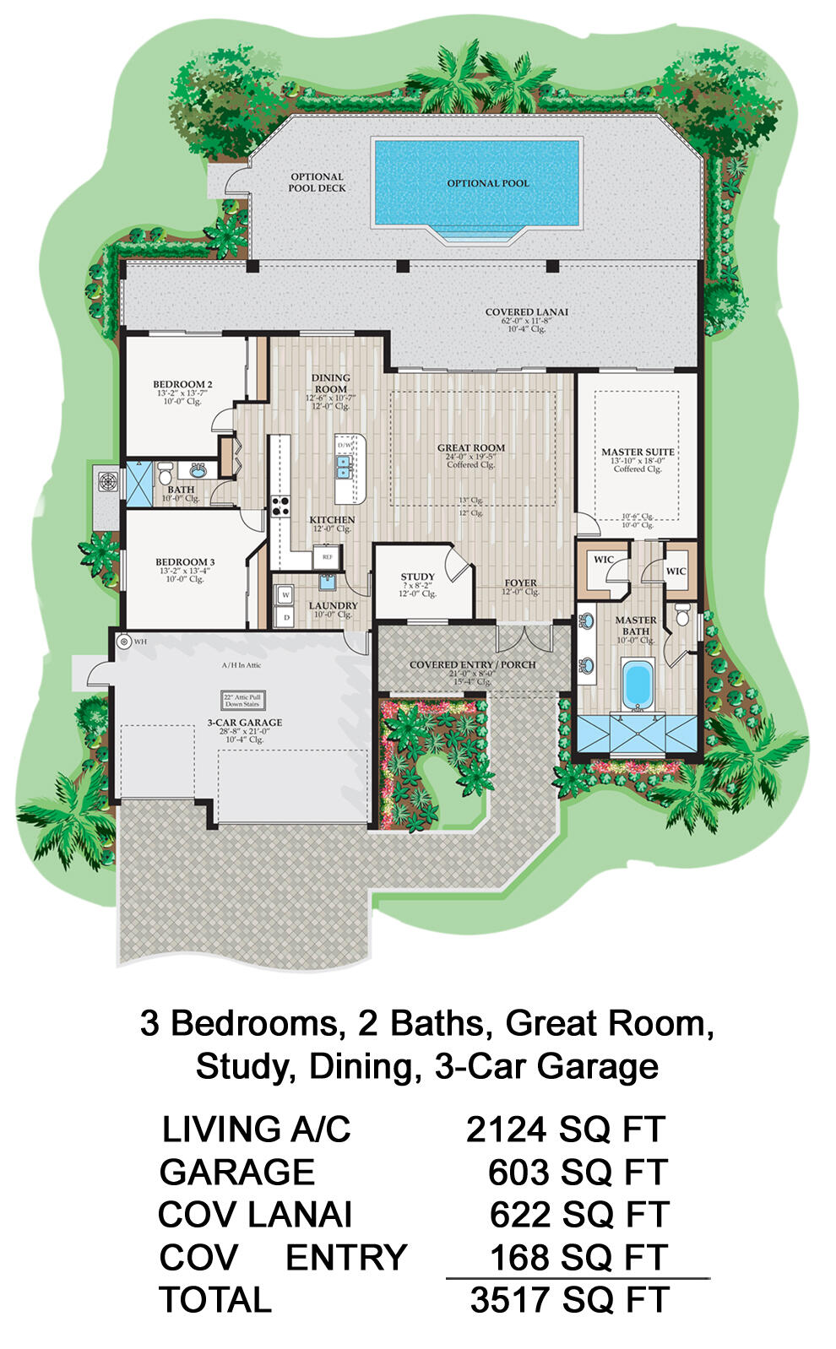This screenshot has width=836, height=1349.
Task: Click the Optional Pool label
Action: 488,183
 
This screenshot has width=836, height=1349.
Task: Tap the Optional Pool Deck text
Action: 317,182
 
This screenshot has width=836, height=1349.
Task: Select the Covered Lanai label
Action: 526,312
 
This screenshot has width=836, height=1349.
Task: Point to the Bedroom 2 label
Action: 182,384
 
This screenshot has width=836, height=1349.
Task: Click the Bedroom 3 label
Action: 185,561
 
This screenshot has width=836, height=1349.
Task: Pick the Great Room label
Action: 470,448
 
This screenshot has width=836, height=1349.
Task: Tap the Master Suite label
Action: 638,452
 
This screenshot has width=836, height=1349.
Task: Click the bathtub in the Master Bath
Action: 635,683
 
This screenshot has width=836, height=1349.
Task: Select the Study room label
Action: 417,577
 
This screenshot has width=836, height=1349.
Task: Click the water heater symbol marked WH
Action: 125,642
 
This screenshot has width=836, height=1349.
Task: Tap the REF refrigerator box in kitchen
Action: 326,557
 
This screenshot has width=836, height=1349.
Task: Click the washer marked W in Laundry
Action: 285,594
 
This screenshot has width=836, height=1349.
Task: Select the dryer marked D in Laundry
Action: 285,617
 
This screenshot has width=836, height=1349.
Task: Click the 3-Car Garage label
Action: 244,723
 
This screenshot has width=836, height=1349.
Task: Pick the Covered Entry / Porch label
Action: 472,664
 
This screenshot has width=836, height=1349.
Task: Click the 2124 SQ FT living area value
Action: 565,1129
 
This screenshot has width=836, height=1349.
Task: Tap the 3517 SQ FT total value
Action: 569,1299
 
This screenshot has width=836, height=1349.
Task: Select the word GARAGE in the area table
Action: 236,1172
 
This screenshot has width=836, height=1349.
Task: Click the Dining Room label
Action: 330,383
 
